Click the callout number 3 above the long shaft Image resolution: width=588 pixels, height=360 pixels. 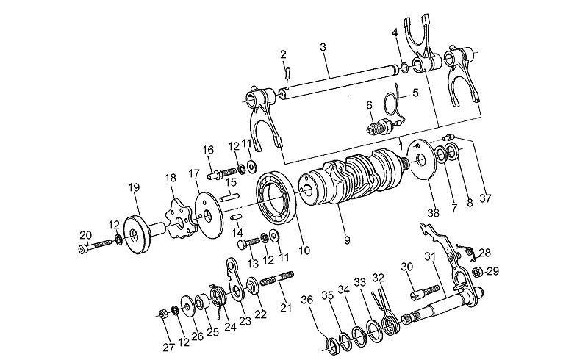(322, 46)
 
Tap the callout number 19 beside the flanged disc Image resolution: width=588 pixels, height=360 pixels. (133, 188)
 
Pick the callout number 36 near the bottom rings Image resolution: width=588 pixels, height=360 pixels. (307, 300)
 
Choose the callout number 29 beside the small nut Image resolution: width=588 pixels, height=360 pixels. (492, 271)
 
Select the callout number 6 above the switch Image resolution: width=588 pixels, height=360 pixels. (370, 106)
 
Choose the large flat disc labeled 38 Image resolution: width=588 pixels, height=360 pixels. (417, 158)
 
